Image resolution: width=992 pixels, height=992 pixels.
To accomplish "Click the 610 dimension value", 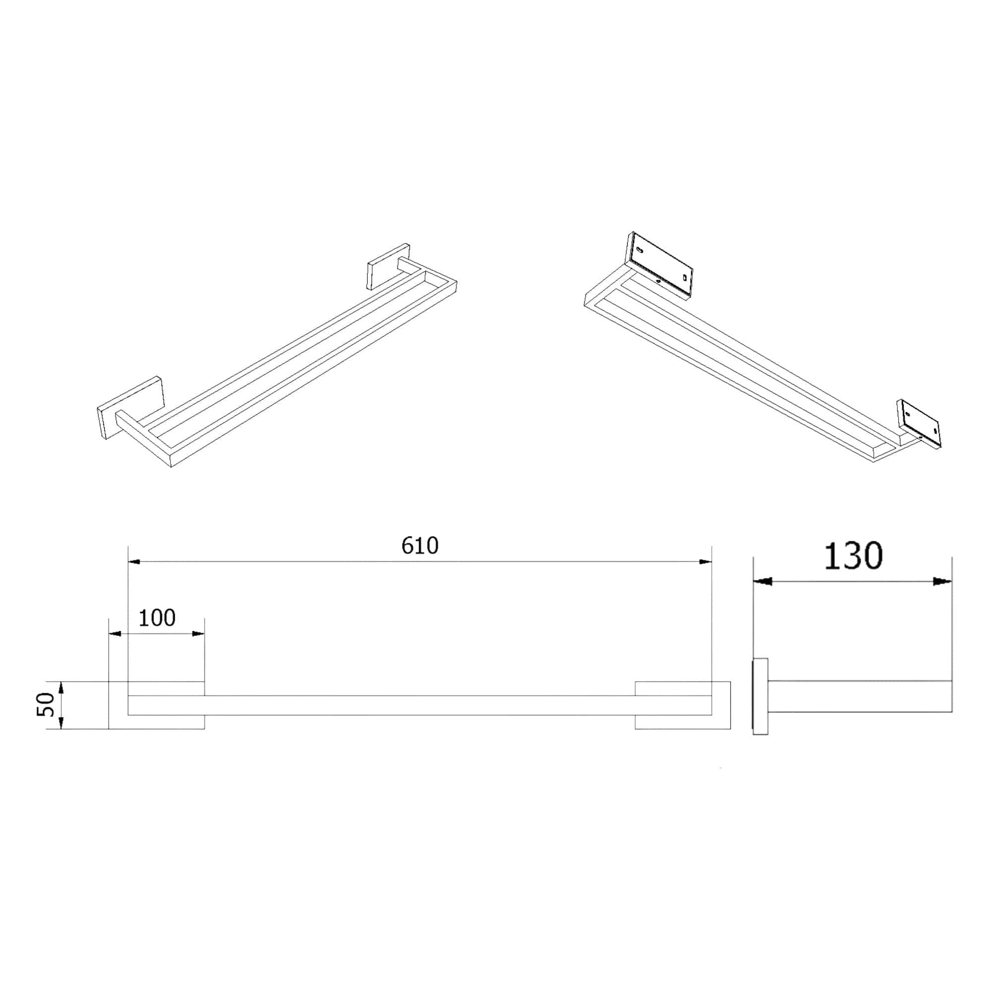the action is click(420, 545).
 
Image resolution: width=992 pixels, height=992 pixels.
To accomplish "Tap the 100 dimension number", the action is click(157, 618).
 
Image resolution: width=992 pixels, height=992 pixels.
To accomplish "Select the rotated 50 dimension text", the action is click(45, 704).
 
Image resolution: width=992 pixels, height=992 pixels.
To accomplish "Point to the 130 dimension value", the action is click(853, 556).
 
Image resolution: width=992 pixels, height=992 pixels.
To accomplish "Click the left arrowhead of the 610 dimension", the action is click(134, 562).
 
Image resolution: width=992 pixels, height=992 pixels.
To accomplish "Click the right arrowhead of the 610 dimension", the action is click(705, 562).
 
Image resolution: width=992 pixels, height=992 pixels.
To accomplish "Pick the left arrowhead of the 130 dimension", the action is click(762, 582).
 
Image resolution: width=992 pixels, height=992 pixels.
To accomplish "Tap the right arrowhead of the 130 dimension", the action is click(943, 582).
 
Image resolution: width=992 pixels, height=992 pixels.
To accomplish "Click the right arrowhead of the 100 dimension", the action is click(198, 633).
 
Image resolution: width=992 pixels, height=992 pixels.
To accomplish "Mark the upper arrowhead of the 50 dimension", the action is click(61, 688).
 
